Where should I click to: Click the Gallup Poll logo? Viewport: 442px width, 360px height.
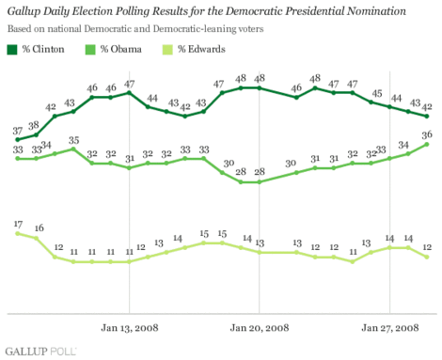[39, 350]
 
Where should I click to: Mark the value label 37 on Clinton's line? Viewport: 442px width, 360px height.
[18, 131]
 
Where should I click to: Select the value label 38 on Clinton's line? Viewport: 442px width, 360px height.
[36, 124]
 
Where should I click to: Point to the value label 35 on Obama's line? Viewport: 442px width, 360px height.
[73, 140]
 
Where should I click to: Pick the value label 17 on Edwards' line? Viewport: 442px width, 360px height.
[18, 223]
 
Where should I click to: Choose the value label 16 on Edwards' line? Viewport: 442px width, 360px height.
[39, 228]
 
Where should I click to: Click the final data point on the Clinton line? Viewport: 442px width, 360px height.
[428, 117]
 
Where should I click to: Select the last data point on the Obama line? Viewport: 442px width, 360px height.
[428, 145]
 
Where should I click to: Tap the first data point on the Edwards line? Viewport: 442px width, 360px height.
[18, 232]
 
